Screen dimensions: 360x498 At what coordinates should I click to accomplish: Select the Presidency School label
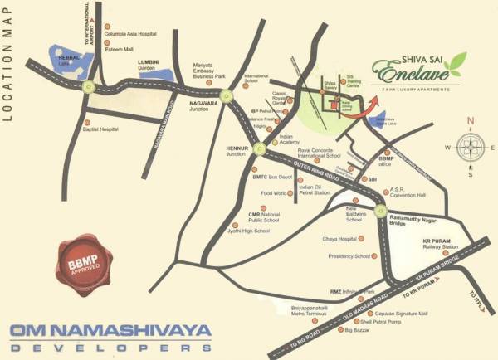coord(349,256)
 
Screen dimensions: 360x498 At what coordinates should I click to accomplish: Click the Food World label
coord(273,193)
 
